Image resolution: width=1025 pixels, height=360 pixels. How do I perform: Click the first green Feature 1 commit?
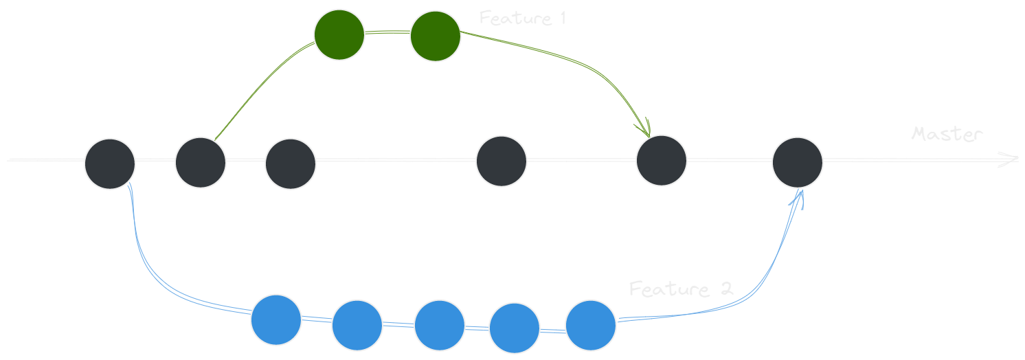coord(339,34)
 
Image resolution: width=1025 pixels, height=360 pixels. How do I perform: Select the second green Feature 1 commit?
coord(436,36)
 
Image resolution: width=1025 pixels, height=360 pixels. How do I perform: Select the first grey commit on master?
coord(110,164)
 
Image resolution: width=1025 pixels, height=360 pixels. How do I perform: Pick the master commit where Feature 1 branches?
coord(201,162)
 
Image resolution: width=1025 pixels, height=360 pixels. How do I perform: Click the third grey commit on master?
coord(291,164)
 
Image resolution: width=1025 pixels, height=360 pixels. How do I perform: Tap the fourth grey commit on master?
coord(502,161)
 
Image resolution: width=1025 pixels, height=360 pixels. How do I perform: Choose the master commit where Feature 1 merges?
coord(661,161)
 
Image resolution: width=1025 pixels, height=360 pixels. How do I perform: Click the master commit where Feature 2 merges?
coord(797,163)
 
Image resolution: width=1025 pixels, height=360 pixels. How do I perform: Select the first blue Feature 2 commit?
coord(276,319)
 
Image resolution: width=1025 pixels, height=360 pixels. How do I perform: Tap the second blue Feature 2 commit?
coord(357,325)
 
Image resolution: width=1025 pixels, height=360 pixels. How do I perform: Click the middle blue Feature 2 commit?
coord(440,325)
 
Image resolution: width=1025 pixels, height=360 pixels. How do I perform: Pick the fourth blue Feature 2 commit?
coord(515,328)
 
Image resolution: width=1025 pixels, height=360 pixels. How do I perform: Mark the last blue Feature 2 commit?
coord(591,324)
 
